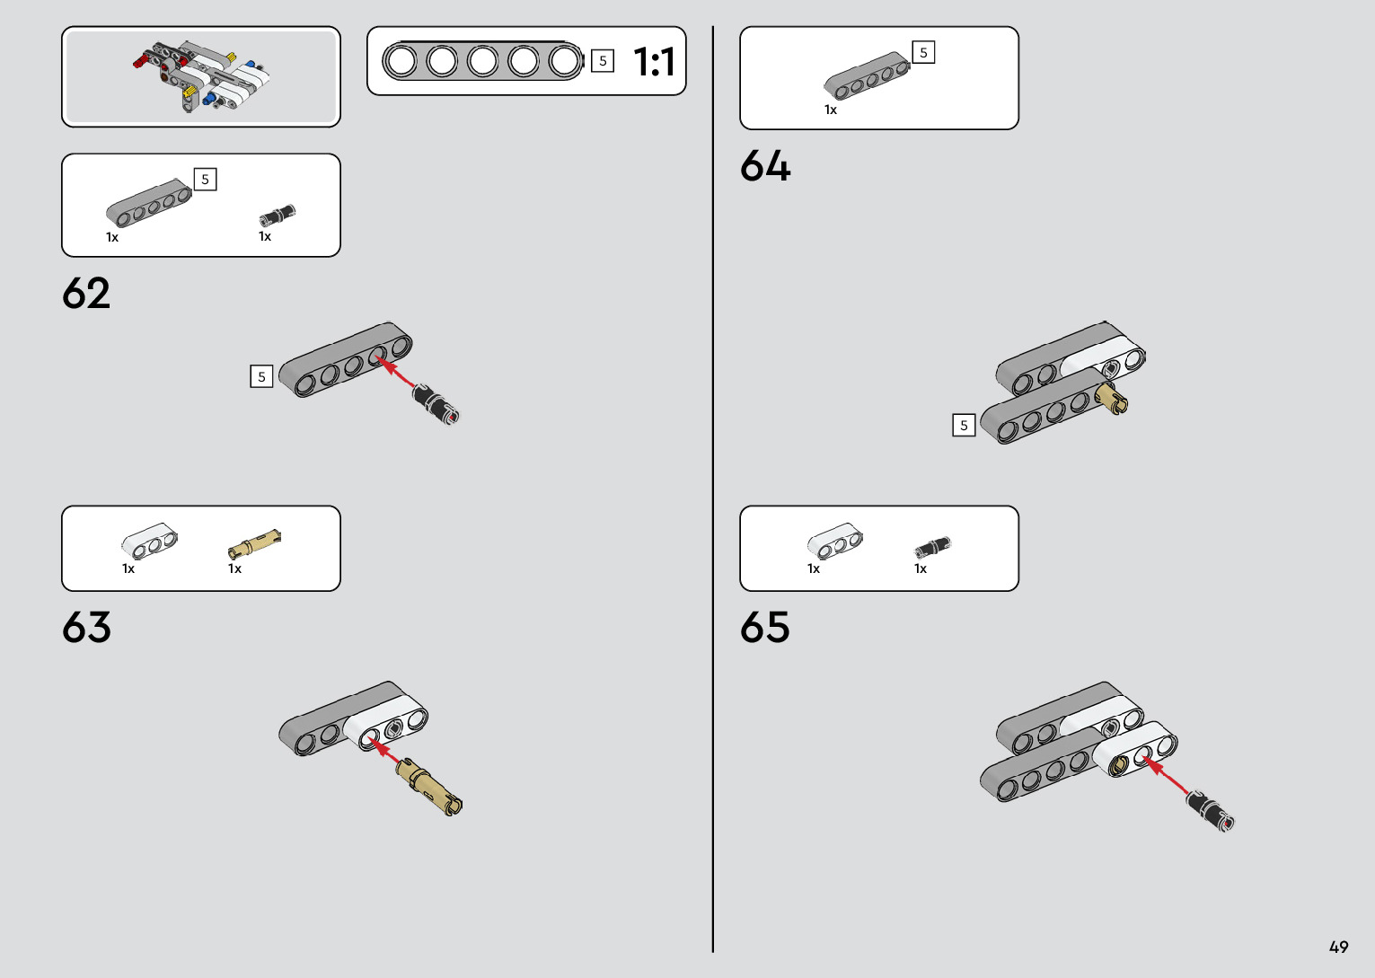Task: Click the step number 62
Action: tap(86, 294)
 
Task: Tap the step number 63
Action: tap(86, 628)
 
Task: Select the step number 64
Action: tap(765, 166)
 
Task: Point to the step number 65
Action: tap(765, 628)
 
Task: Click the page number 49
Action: tap(1338, 947)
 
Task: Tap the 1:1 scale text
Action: tap(654, 62)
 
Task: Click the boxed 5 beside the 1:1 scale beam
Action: tap(603, 61)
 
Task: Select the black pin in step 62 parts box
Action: tap(277, 216)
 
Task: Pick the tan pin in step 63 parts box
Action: tap(254, 543)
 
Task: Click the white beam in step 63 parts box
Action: tap(149, 541)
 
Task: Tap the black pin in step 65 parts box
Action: tap(932, 546)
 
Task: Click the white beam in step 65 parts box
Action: tap(834, 541)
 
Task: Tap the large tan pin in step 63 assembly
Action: tap(430, 786)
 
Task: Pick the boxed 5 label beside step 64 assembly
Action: tap(964, 425)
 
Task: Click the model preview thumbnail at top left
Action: tap(201, 77)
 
